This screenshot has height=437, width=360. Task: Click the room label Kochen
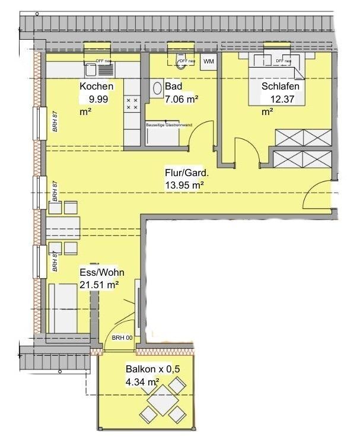96,87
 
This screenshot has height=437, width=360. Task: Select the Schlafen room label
280,87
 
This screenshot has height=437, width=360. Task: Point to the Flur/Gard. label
186,174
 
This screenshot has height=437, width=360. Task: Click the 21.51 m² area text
99,285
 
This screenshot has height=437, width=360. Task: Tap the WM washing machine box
209,62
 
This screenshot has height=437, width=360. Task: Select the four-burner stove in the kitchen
132,105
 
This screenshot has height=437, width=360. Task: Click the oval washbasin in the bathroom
158,88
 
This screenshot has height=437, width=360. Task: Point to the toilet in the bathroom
181,62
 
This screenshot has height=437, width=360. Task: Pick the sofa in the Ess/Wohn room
62,307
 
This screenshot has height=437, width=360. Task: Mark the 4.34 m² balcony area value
142,382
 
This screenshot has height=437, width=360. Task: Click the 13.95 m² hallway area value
184,186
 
